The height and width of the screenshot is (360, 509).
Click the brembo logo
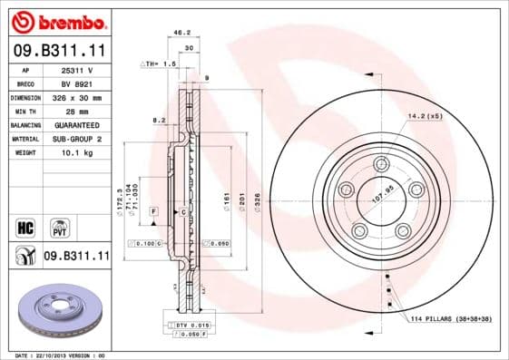click(x=58, y=20)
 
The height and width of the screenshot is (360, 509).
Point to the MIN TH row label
click(x=25, y=112)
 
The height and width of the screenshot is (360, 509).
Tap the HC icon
click(x=25, y=226)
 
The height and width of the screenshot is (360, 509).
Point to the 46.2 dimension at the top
click(x=180, y=33)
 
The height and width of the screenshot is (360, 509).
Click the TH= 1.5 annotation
click(x=159, y=64)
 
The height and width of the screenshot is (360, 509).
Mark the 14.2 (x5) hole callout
click(x=425, y=116)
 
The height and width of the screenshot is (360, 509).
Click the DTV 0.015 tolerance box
click(x=191, y=324)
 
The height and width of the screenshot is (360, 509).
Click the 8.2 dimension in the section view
click(x=158, y=120)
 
